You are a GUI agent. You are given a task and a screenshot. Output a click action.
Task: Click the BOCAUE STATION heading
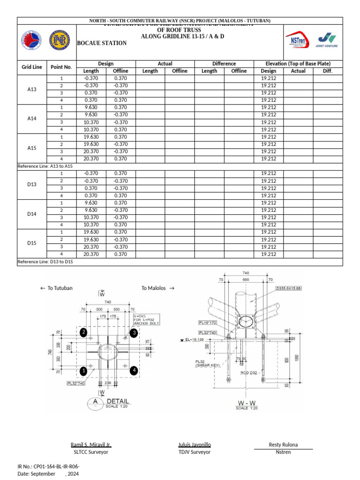point(102,43)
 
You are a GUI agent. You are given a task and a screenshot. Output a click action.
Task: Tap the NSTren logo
point(301,41)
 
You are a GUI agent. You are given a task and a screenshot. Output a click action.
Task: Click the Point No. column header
point(61,67)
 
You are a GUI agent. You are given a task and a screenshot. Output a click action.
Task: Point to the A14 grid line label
point(32,119)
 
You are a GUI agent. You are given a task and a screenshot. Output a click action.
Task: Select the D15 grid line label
point(32,243)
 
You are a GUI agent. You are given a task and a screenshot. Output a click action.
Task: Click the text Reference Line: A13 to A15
point(45,166)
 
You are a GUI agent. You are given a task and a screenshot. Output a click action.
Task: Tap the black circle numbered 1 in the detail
point(83,371)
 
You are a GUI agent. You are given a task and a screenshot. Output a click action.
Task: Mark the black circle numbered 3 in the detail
point(134,332)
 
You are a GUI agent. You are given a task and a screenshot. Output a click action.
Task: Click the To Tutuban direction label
point(56,288)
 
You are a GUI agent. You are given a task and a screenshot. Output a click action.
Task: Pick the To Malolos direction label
point(158,288)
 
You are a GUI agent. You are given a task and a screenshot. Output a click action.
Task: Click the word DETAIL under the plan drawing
point(118,402)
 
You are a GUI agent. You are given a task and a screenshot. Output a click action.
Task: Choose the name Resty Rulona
point(283,444)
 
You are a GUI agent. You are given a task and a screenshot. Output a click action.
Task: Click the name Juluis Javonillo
point(195,444)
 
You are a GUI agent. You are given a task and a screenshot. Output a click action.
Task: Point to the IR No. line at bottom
point(48,466)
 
